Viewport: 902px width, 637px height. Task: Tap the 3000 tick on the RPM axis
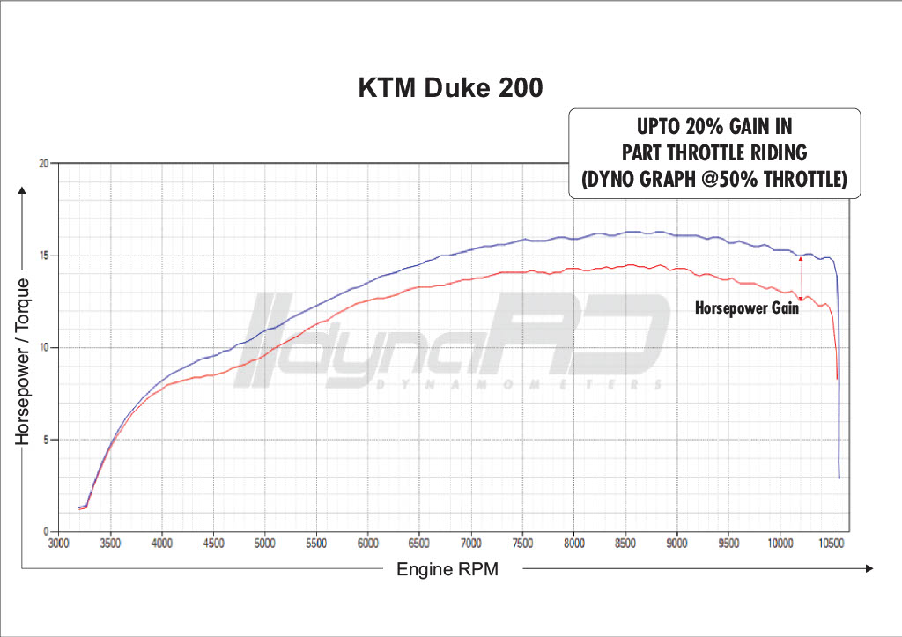[59, 544]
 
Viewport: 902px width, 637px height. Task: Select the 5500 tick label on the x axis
[316, 544]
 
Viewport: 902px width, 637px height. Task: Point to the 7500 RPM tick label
[522, 544]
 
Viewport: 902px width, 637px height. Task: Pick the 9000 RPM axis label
[676, 544]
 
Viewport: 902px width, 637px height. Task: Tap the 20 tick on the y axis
[43, 164]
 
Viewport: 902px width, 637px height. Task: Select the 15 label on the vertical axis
[43, 256]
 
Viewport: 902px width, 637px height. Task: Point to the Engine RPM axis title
[447, 569]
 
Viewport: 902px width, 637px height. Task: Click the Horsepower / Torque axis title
[25, 360]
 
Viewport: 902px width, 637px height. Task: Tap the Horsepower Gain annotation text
[746, 308]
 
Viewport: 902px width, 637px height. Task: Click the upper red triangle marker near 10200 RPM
[800, 258]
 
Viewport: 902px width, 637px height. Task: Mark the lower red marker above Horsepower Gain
[800, 298]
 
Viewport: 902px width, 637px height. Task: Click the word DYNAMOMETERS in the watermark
[511, 384]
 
